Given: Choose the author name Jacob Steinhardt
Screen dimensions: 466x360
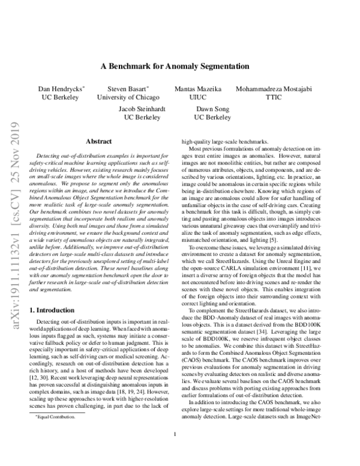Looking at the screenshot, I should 144,109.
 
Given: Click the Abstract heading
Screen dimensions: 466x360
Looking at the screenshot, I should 100,141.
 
